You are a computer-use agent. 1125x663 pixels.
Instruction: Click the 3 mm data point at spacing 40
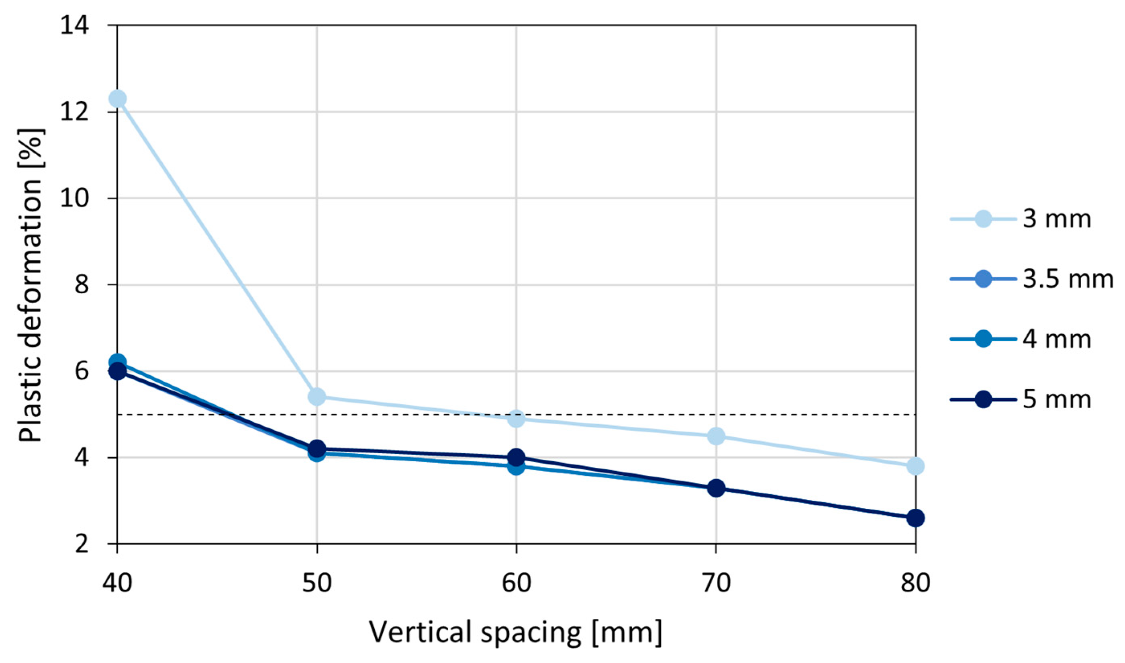pos(117,98)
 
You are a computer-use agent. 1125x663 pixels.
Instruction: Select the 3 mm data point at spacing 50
pos(317,396)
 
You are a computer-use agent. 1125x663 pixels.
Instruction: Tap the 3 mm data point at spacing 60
pos(516,419)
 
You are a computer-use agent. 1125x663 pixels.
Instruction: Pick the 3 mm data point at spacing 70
pos(716,436)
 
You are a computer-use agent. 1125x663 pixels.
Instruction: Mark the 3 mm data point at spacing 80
pos(915,466)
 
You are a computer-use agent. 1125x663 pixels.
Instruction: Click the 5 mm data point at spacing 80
pos(915,518)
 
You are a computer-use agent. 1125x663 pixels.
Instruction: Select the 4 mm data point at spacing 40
pos(117,361)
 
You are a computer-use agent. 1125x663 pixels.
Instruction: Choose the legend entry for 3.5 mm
pos(1031,279)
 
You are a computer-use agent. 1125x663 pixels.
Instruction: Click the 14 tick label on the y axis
pos(75,25)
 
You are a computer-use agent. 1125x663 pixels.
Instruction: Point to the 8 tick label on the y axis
pos(82,284)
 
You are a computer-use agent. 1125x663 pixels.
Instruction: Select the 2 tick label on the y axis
pos(82,544)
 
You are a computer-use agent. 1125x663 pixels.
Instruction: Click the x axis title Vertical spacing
pos(516,632)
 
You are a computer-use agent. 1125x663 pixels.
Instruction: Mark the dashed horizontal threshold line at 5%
pos(625,415)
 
